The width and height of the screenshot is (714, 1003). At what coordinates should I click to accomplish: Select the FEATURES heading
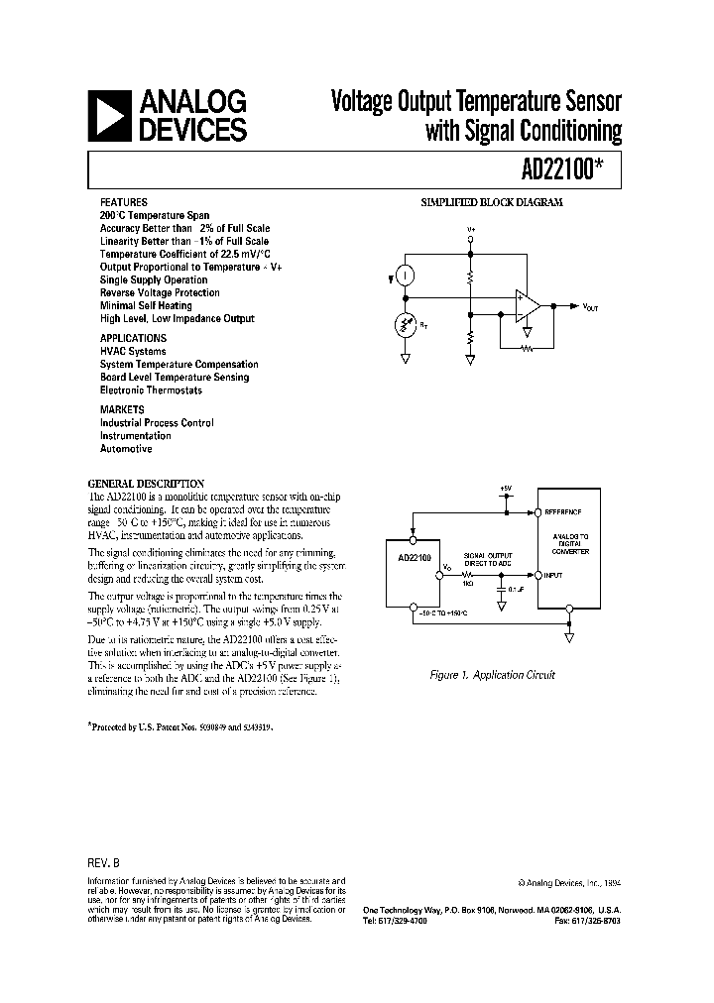[x=123, y=201]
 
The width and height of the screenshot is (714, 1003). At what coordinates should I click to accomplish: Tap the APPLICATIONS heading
[x=133, y=338]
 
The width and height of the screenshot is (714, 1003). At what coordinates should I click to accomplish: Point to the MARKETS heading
[x=122, y=409]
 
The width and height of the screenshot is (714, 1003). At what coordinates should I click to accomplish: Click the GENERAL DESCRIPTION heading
[x=146, y=483]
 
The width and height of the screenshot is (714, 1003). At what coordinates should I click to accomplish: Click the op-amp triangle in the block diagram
[x=527, y=307]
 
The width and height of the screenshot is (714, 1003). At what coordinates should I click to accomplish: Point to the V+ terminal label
[x=472, y=229]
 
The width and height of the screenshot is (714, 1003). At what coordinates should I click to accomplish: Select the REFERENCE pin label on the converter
[x=561, y=512]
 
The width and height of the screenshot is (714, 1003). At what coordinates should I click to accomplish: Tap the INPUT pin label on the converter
[x=553, y=575]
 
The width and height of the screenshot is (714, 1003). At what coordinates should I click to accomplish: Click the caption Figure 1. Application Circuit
[x=492, y=674]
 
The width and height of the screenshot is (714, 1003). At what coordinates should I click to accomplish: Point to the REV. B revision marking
[x=104, y=862]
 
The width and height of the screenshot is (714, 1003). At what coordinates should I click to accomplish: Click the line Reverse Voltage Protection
[x=160, y=292]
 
